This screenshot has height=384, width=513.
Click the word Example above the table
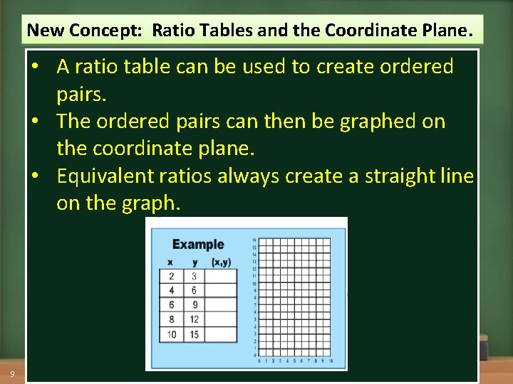[197, 245]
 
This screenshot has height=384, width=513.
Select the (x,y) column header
[221, 262]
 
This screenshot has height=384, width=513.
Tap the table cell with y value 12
[194, 319]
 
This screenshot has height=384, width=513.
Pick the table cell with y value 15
[194, 334]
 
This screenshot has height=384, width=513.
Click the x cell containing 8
[171, 319]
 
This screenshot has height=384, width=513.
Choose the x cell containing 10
[171, 334]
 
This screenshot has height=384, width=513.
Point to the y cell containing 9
[194, 305]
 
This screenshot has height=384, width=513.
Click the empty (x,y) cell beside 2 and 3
[221, 276]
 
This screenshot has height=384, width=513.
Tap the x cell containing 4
[171, 290]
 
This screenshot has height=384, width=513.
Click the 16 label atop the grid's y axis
[254, 240]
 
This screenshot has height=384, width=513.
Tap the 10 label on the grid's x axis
[331, 361]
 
